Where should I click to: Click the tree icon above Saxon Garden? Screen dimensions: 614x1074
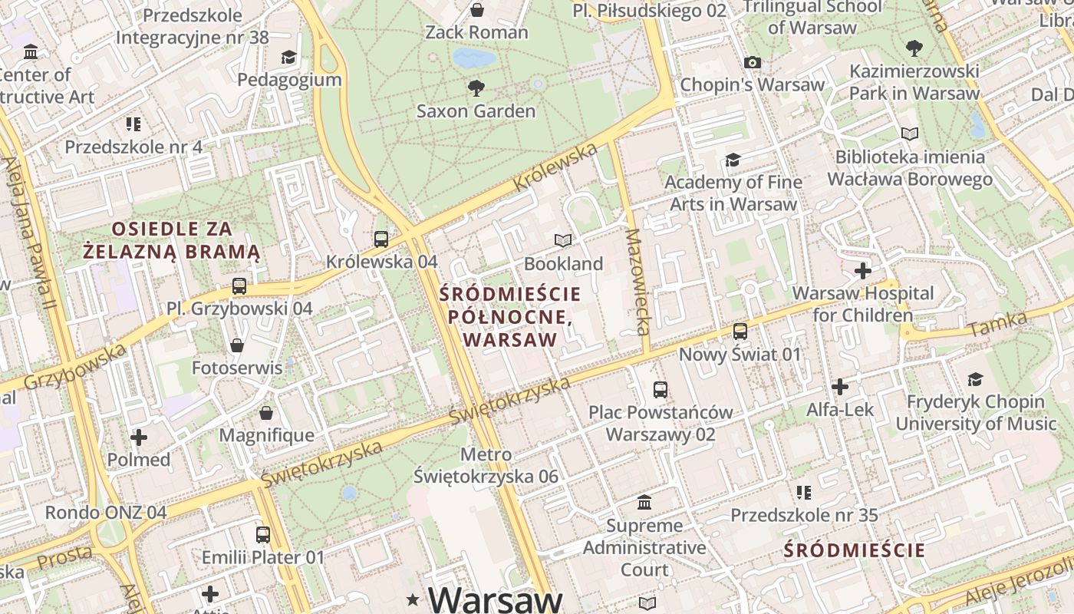pyautogui.click(x=476, y=87)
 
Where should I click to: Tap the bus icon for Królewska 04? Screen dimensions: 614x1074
pyautogui.click(x=381, y=239)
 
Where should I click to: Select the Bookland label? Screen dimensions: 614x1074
pyautogui.click(x=563, y=263)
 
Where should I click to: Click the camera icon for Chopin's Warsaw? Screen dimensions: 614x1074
pyautogui.click(x=753, y=62)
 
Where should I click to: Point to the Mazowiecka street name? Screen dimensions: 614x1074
pyautogui.click(x=637, y=282)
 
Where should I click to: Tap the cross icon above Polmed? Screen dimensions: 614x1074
pyautogui.click(x=139, y=437)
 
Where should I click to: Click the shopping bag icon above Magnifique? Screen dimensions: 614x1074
pyautogui.click(x=266, y=413)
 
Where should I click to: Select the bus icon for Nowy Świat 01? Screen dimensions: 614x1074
pyautogui.click(x=740, y=332)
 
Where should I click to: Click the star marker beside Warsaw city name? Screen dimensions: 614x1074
pyautogui.click(x=414, y=599)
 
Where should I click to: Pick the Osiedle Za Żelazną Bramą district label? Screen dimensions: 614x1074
pyautogui.click(x=172, y=240)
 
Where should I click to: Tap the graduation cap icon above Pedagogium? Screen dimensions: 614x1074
pyautogui.click(x=288, y=57)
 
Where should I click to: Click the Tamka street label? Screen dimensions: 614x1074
pyautogui.click(x=997, y=325)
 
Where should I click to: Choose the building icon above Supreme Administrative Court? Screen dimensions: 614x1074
pyautogui.click(x=645, y=503)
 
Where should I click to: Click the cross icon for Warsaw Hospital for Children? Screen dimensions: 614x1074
pyautogui.click(x=863, y=271)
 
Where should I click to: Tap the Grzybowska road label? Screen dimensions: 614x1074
pyautogui.click(x=74, y=368)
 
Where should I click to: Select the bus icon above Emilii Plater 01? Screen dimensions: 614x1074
pyautogui.click(x=263, y=534)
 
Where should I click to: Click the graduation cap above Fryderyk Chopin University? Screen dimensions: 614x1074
pyautogui.click(x=975, y=379)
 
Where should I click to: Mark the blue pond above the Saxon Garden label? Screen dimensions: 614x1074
pyautogui.click(x=473, y=58)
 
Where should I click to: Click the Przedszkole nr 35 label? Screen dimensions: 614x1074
pyautogui.click(x=804, y=515)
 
